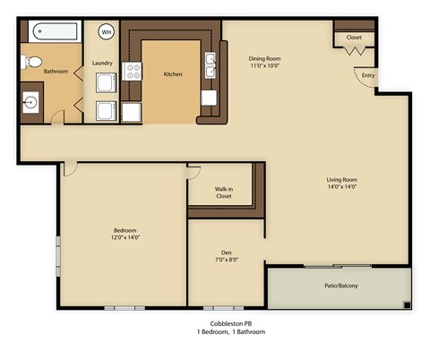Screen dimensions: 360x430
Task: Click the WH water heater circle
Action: (x=106, y=32)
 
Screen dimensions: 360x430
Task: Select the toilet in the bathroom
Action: (x=30, y=62)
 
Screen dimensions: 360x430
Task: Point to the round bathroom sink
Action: (x=30, y=101)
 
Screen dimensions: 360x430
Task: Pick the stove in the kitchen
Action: (x=132, y=70)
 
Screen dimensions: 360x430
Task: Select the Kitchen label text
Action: (x=173, y=74)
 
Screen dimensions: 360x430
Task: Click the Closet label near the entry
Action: (x=354, y=37)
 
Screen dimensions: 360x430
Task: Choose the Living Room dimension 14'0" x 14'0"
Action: (x=341, y=187)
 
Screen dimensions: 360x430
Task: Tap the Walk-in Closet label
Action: (x=225, y=193)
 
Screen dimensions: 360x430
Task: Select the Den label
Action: (x=226, y=253)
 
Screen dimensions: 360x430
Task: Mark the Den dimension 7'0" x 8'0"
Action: (x=226, y=261)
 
